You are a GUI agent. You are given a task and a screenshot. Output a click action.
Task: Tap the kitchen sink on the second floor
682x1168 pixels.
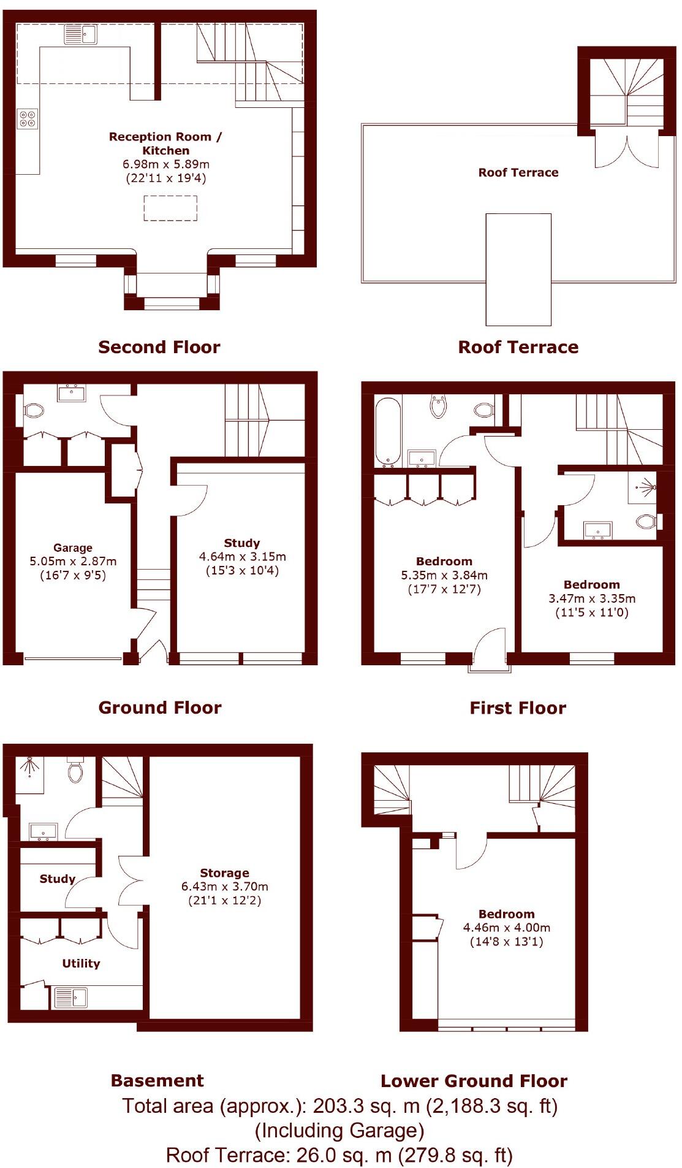(x=80, y=34)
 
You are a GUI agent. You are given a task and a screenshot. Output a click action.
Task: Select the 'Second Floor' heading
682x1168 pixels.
(x=159, y=347)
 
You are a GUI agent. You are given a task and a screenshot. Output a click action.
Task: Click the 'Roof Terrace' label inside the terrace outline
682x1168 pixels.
(x=518, y=172)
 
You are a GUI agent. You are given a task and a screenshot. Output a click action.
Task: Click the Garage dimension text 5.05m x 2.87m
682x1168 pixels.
(x=73, y=561)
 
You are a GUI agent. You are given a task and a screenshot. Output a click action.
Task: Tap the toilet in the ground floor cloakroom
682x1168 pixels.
(x=34, y=410)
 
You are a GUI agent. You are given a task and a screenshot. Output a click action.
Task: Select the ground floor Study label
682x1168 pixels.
(x=241, y=543)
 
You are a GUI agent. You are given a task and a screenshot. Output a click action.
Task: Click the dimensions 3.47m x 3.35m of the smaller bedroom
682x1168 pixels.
(x=591, y=598)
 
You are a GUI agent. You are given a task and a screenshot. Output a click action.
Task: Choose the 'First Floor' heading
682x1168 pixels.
(x=517, y=708)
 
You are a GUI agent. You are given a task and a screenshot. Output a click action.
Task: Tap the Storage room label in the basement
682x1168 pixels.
(x=224, y=872)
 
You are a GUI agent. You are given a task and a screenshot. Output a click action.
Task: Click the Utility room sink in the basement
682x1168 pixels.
(x=70, y=998)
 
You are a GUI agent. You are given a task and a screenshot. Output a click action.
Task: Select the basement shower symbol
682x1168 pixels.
(x=29, y=766)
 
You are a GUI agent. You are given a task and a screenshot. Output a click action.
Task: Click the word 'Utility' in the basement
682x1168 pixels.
(x=81, y=963)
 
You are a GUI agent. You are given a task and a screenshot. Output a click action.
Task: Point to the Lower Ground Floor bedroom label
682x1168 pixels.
(x=506, y=914)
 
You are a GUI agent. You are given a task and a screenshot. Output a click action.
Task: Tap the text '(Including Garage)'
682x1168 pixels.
(x=339, y=1131)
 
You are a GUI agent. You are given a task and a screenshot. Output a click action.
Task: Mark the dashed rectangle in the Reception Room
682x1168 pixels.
(x=170, y=208)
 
